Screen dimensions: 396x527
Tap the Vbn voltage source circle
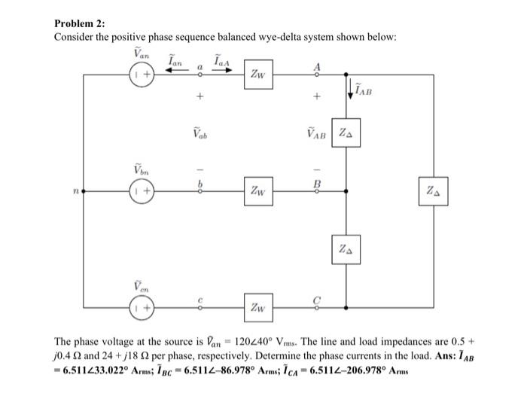point(142,192)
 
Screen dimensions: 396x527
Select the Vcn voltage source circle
point(142,308)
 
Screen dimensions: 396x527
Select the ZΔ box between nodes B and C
point(344,248)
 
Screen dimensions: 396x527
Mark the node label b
point(200,183)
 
